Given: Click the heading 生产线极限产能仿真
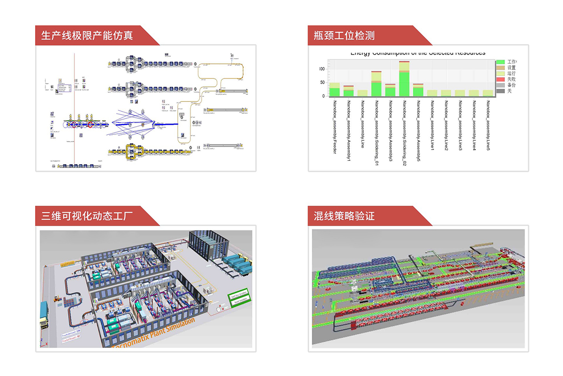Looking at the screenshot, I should (87, 35).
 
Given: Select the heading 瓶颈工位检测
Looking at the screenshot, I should (344, 35).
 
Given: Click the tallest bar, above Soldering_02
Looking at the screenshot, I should (404, 79).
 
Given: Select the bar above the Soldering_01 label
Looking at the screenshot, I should (376, 84).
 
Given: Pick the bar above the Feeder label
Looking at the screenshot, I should (335, 90).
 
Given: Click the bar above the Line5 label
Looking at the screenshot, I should (488, 93).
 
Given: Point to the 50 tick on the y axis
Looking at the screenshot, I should (322, 83).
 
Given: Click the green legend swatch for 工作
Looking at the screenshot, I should (500, 62).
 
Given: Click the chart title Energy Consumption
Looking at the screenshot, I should (418, 53).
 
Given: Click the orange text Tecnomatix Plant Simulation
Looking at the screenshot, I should (155, 334).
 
